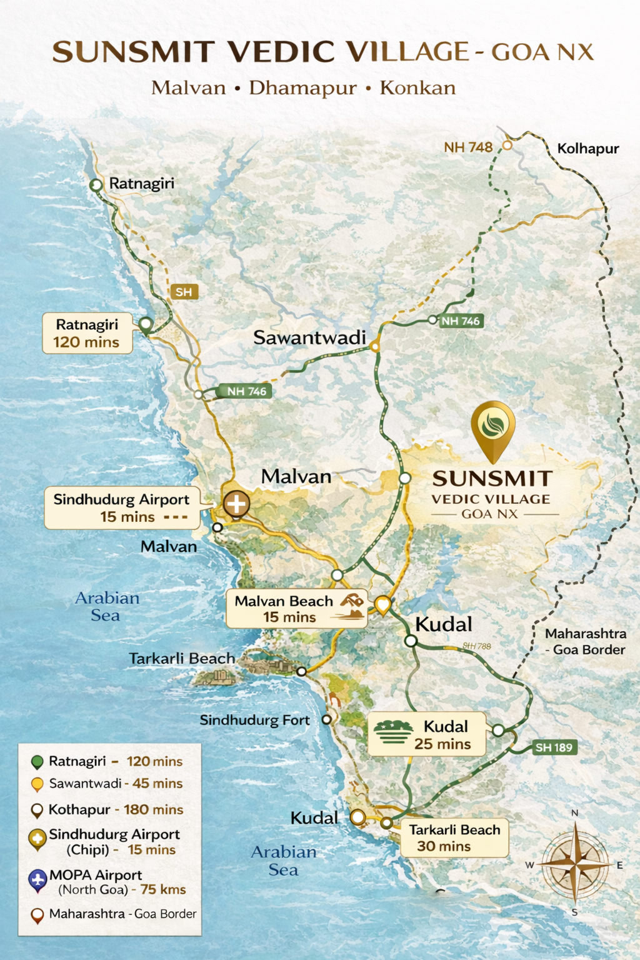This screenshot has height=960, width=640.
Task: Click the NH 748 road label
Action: pyautogui.click(x=468, y=147)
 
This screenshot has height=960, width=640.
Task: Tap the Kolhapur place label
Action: pyautogui.click(x=587, y=149)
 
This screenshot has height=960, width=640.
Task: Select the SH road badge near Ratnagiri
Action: pyautogui.click(x=184, y=292)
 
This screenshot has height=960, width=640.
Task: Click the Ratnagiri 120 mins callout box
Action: pyautogui.click(x=87, y=333)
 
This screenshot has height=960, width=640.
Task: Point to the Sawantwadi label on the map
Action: pyautogui.click(x=309, y=337)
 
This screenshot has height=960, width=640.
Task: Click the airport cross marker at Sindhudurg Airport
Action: pyautogui.click(x=236, y=503)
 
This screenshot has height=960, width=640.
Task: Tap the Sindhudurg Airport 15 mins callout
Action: pyautogui.click(x=122, y=507)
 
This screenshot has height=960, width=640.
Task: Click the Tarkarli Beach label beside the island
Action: pyautogui.click(x=182, y=659)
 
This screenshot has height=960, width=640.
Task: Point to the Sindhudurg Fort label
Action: pyautogui.click(x=254, y=720)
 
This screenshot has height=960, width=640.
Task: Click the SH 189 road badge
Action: pyautogui.click(x=554, y=747)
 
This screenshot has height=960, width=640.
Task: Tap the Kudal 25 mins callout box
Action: pyautogui.click(x=427, y=734)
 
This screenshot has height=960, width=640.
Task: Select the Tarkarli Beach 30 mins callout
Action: pyautogui.click(x=454, y=838)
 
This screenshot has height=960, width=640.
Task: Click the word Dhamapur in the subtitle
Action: pyautogui.click(x=302, y=88)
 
